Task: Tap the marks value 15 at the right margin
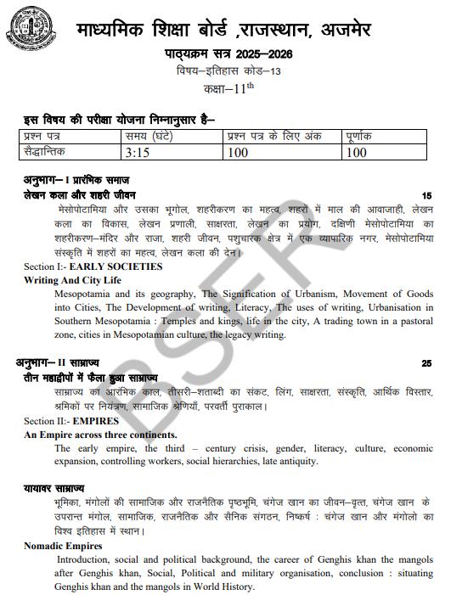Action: [426, 195]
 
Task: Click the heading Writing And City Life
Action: [72, 279]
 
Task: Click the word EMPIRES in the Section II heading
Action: [96, 421]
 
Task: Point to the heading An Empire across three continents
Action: [99, 434]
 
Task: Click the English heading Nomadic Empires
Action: [63, 546]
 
